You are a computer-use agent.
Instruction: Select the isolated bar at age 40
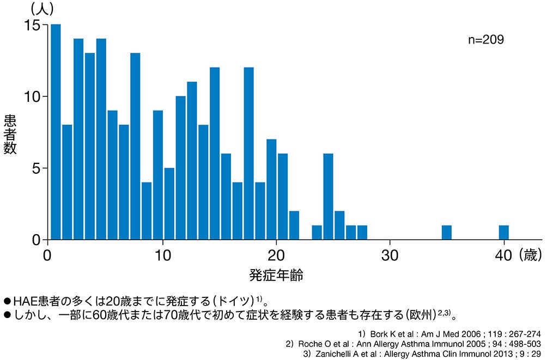coord(504,233)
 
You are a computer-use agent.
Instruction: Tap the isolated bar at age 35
coord(447,233)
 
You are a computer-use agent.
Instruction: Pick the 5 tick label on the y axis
coord(35,168)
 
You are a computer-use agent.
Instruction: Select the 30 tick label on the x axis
coord(390,254)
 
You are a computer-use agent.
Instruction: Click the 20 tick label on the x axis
coord(277,254)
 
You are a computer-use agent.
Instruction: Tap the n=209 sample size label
coord(486,40)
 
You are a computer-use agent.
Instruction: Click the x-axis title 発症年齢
coord(276,276)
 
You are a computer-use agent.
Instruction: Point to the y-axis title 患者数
coord(10,134)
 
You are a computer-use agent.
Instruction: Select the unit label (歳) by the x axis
coord(530,254)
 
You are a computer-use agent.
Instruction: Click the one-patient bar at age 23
coord(317,233)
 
